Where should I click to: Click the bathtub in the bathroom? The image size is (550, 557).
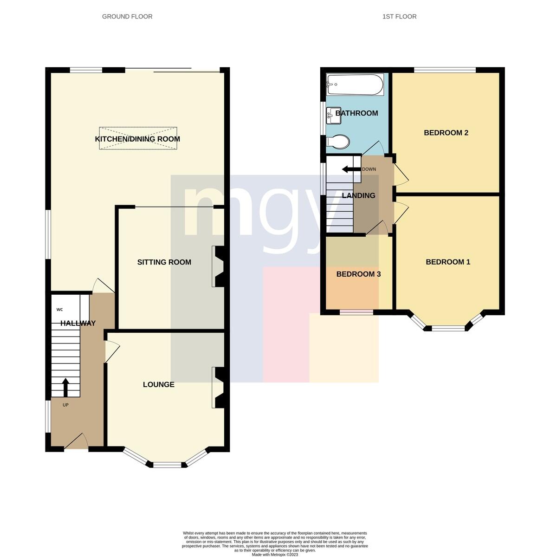click(x=355, y=84)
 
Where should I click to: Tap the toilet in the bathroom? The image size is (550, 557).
click(x=338, y=142)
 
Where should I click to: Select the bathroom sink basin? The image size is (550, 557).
click(x=334, y=116)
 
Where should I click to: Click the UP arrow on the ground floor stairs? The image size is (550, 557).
click(x=65, y=387)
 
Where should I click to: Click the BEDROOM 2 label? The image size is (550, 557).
click(x=446, y=133)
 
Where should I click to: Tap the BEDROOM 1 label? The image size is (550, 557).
click(x=448, y=262)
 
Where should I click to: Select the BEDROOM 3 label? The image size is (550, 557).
click(x=359, y=274)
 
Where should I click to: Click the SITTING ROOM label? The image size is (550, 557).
click(x=164, y=262)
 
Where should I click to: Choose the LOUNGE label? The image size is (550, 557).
click(x=159, y=384)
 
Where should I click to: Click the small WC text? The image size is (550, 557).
click(x=59, y=310)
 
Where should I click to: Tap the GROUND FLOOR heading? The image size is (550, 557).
click(x=127, y=16)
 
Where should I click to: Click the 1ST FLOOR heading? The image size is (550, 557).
click(x=399, y=16)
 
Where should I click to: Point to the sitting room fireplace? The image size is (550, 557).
click(x=218, y=266)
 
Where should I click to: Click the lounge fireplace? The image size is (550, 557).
click(x=218, y=388)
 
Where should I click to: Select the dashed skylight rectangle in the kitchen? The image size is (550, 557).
click(x=138, y=138)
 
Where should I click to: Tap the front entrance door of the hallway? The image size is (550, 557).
click(x=76, y=441)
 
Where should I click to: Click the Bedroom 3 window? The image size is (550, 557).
click(x=356, y=312)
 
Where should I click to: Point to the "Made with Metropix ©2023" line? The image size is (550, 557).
click(x=275, y=555)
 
